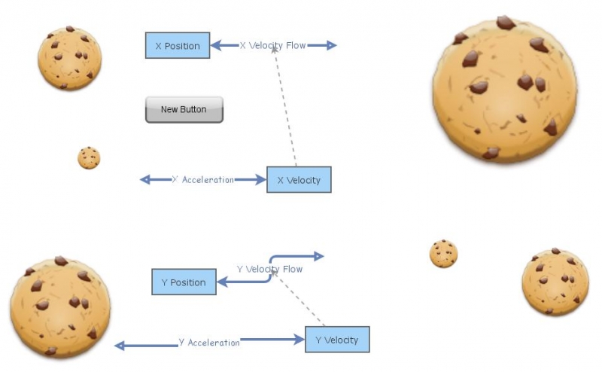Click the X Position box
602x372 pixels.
click(x=178, y=46)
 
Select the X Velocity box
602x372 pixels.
click(x=299, y=180)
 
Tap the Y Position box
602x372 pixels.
click(x=183, y=282)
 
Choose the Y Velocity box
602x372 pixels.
click(x=336, y=340)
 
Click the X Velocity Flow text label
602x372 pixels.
click(x=272, y=45)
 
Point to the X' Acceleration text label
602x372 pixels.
click(x=203, y=180)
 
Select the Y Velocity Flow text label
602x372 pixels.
click(x=269, y=269)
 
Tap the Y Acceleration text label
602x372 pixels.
click(x=208, y=343)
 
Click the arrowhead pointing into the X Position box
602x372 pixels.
click(x=216, y=45)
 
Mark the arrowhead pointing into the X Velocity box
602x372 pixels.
click(x=261, y=180)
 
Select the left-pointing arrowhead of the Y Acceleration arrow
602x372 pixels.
click(x=120, y=346)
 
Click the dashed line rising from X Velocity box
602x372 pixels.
click(x=286, y=113)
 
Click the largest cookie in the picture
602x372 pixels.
click(x=505, y=90)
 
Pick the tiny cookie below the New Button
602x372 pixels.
click(x=89, y=158)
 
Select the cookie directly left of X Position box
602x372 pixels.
click(x=70, y=58)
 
